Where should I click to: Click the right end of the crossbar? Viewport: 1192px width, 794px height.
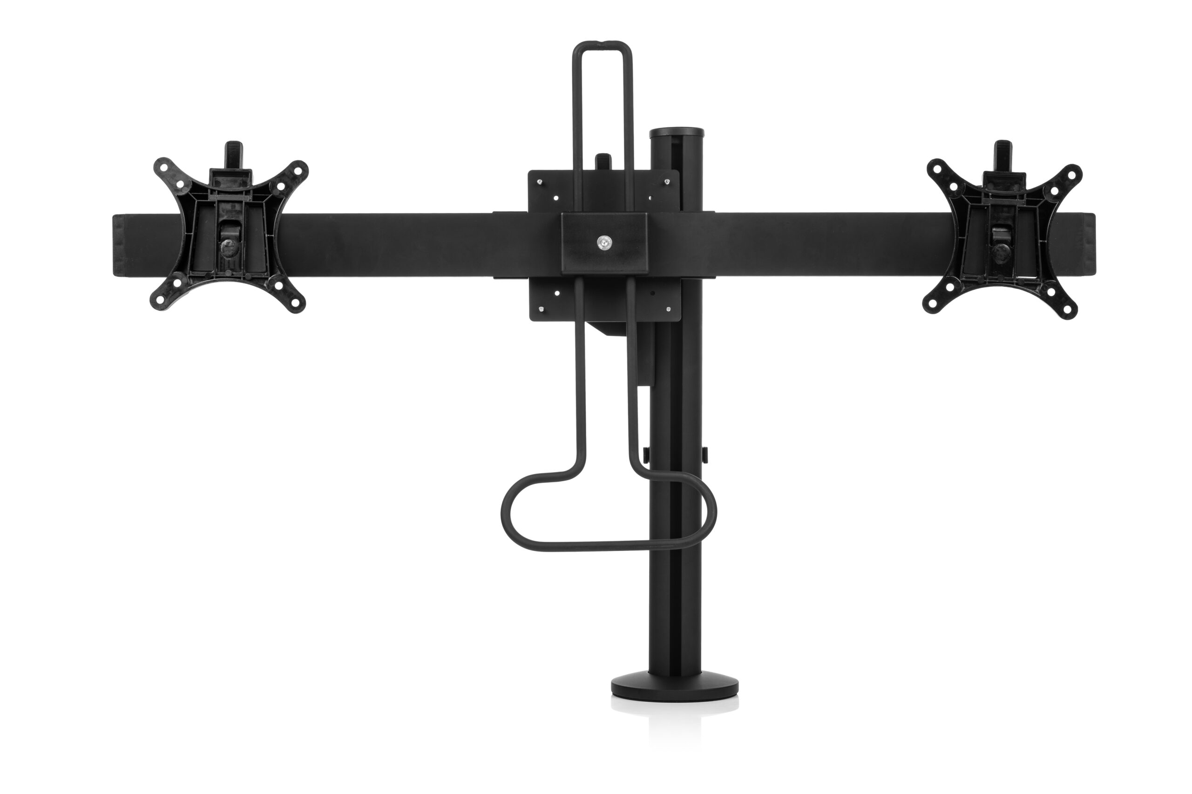1087,246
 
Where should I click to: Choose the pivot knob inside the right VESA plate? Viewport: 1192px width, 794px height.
999,250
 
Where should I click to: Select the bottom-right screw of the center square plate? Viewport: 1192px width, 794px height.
669,310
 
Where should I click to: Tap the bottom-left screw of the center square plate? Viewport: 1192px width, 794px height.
541,310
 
